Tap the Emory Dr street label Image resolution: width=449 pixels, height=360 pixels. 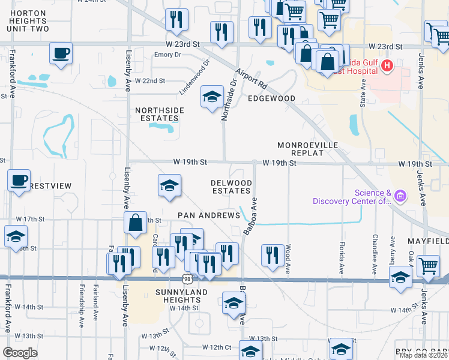tap(151, 55)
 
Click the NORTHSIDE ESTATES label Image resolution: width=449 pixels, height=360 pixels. tap(158, 115)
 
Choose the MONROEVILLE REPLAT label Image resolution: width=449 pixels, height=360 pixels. tap(308, 149)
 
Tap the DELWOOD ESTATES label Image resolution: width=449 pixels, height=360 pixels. tap(231, 187)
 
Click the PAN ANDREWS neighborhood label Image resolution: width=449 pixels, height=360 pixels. tap(202, 215)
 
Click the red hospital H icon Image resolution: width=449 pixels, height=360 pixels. tap(387, 65)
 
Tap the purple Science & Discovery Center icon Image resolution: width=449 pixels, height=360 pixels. tap(400, 196)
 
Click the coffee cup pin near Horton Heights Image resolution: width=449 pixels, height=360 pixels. tap(61, 53)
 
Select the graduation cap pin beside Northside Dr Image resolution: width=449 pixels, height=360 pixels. tap(211, 97)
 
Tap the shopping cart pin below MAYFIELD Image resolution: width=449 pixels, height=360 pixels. tap(427, 265)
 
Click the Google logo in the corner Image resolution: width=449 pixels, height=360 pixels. tap(20, 353)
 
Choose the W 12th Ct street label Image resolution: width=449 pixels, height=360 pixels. tap(217, 347)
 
